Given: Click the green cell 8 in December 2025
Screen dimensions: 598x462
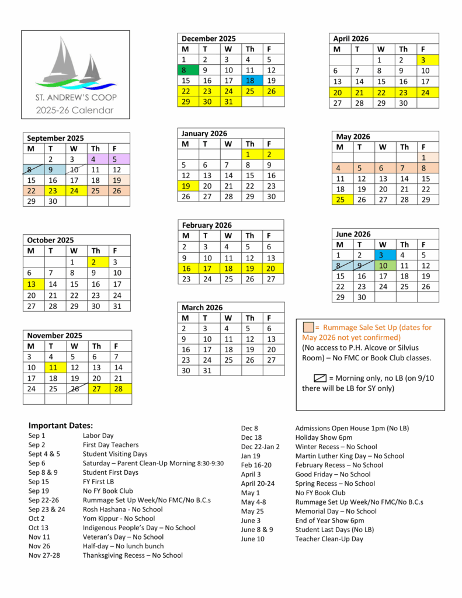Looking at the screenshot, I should pyautogui.click(x=188, y=70).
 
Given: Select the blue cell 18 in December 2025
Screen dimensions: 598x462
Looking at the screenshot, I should pyautogui.click(x=252, y=81).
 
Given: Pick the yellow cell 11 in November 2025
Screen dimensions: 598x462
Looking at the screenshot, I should pyautogui.click(x=55, y=367).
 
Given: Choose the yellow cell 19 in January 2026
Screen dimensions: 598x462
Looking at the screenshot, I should pyautogui.click(x=188, y=186).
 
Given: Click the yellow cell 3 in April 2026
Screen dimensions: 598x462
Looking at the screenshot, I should pyautogui.click(x=428, y=60).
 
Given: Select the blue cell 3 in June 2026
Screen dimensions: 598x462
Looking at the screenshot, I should pyautogui.click(x=383, y=255).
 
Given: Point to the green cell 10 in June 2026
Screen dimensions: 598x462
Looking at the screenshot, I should pyautogui.click(x=383, y=266).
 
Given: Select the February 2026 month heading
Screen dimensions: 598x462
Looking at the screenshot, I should pyautogui.click(x=207, y=225).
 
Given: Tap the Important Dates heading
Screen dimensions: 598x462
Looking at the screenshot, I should pyautogui.click(x=61, y=425).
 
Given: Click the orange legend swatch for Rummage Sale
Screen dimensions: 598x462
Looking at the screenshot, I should pyautogui.click(x=308, y=327).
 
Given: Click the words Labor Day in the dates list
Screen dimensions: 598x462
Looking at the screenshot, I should pyautogui.click(x=98, y=436).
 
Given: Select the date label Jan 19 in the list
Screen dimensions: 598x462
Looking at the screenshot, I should pyautogui.click(x=251, y=456).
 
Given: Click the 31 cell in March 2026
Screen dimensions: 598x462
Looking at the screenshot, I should pyautogui.click(x=209, y=370).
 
